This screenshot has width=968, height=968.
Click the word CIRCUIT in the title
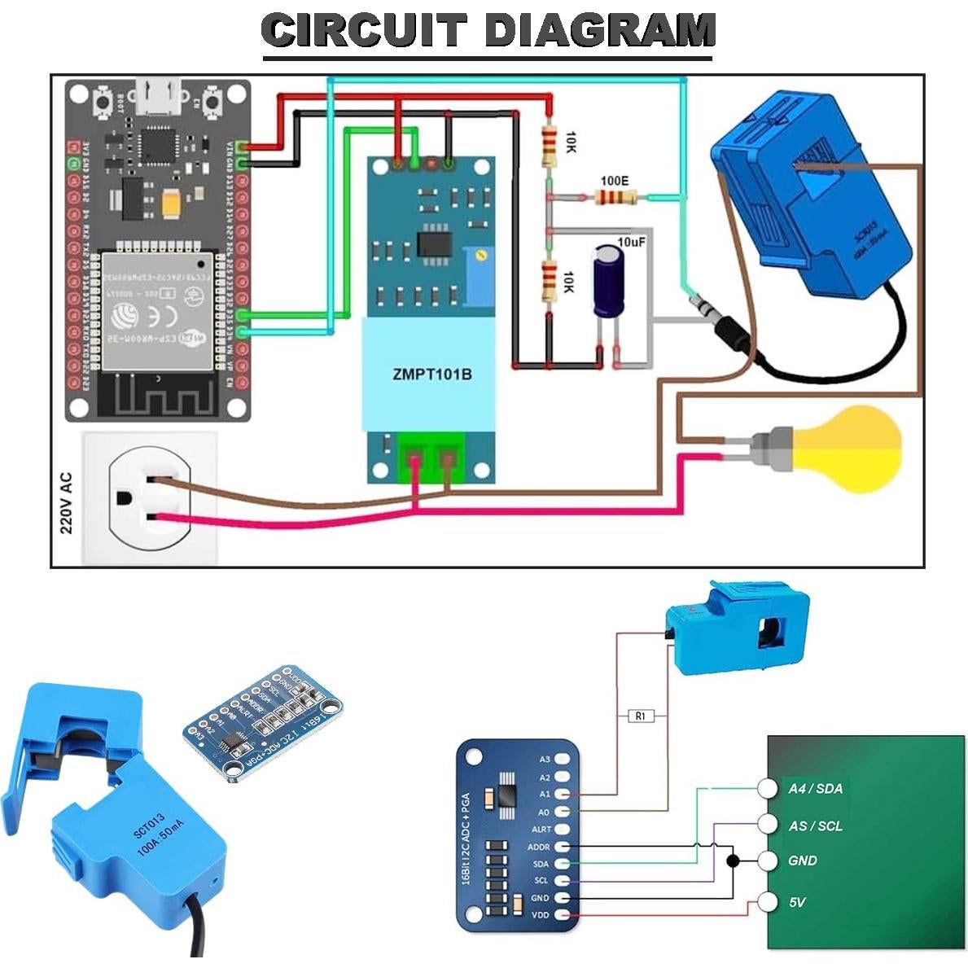click(x=364, y=31)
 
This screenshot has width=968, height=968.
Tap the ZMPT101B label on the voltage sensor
click(x=431, y=374)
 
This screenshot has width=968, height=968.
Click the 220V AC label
click(x=66, y=503)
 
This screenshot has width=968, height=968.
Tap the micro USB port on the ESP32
click(x=159, y=98)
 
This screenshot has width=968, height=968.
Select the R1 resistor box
click(x=641, y=716)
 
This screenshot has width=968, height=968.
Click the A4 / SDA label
click(x=815, y=788)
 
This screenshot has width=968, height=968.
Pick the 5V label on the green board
click(x=797, y=902)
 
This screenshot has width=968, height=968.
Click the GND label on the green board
click(x=802, y=861)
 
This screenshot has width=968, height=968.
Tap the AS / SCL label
click(x=815, y=826)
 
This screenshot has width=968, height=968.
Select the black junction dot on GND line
click(x=733, y=861)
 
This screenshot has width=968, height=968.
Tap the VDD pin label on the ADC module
click(x=541, y=915)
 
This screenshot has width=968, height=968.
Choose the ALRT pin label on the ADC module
click(x=541, y=830)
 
